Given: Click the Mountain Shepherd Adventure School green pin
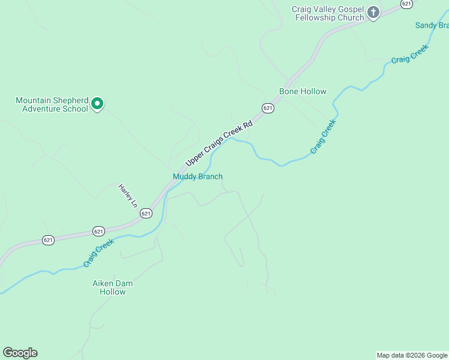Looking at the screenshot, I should click(x=97, y=104).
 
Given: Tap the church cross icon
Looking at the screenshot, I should click(x=373, y=13).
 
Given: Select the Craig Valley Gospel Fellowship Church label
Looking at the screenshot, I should click(x=328, y=13).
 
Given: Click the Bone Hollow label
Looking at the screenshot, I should click(x=303, y=91).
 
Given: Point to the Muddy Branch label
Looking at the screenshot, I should click(x=197, y=176).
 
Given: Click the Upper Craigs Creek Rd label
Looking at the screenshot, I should click(x=220, y=141).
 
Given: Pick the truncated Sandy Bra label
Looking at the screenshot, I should click(x=432, y=25).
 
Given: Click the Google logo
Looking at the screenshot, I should click(x=20, y=353).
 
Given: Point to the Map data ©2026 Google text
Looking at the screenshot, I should click(x=412, y=355).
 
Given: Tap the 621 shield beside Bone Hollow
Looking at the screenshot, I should click(x=268, y=108).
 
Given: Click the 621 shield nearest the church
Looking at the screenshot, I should click(x=407, y=4).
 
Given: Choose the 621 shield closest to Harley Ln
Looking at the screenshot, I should click(x=146, y=213).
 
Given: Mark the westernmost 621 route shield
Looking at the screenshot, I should click(x=49, y=240).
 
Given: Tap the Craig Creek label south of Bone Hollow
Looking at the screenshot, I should click(x=324, y=136).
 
